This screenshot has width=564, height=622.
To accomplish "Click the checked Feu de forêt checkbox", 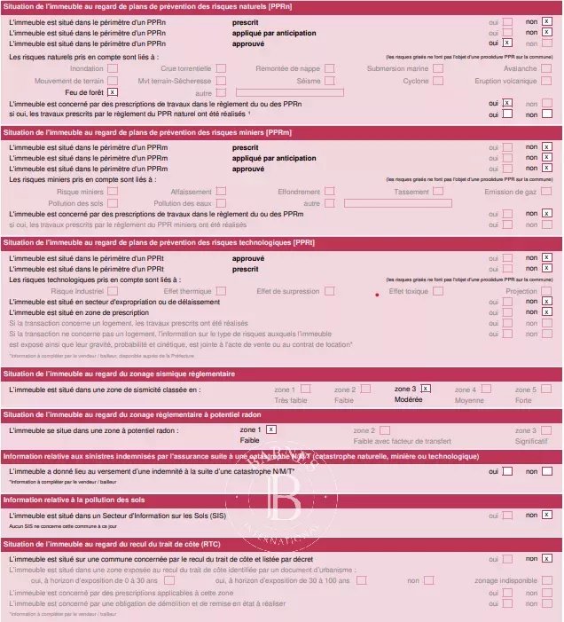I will point(113,92).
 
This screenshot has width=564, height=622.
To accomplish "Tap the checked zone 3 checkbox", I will point(426,389).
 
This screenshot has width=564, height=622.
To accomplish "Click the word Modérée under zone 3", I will point(408,400).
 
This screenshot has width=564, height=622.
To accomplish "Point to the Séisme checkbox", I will point(329,80).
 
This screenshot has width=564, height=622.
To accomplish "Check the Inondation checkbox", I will point(113,67).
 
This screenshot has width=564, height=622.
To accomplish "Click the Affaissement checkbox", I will point(220,191).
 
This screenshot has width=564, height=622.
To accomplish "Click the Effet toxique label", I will point(409,291).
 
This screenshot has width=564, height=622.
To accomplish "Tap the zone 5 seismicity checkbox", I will point(546,389).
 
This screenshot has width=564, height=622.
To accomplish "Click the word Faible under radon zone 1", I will point(249,441).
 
